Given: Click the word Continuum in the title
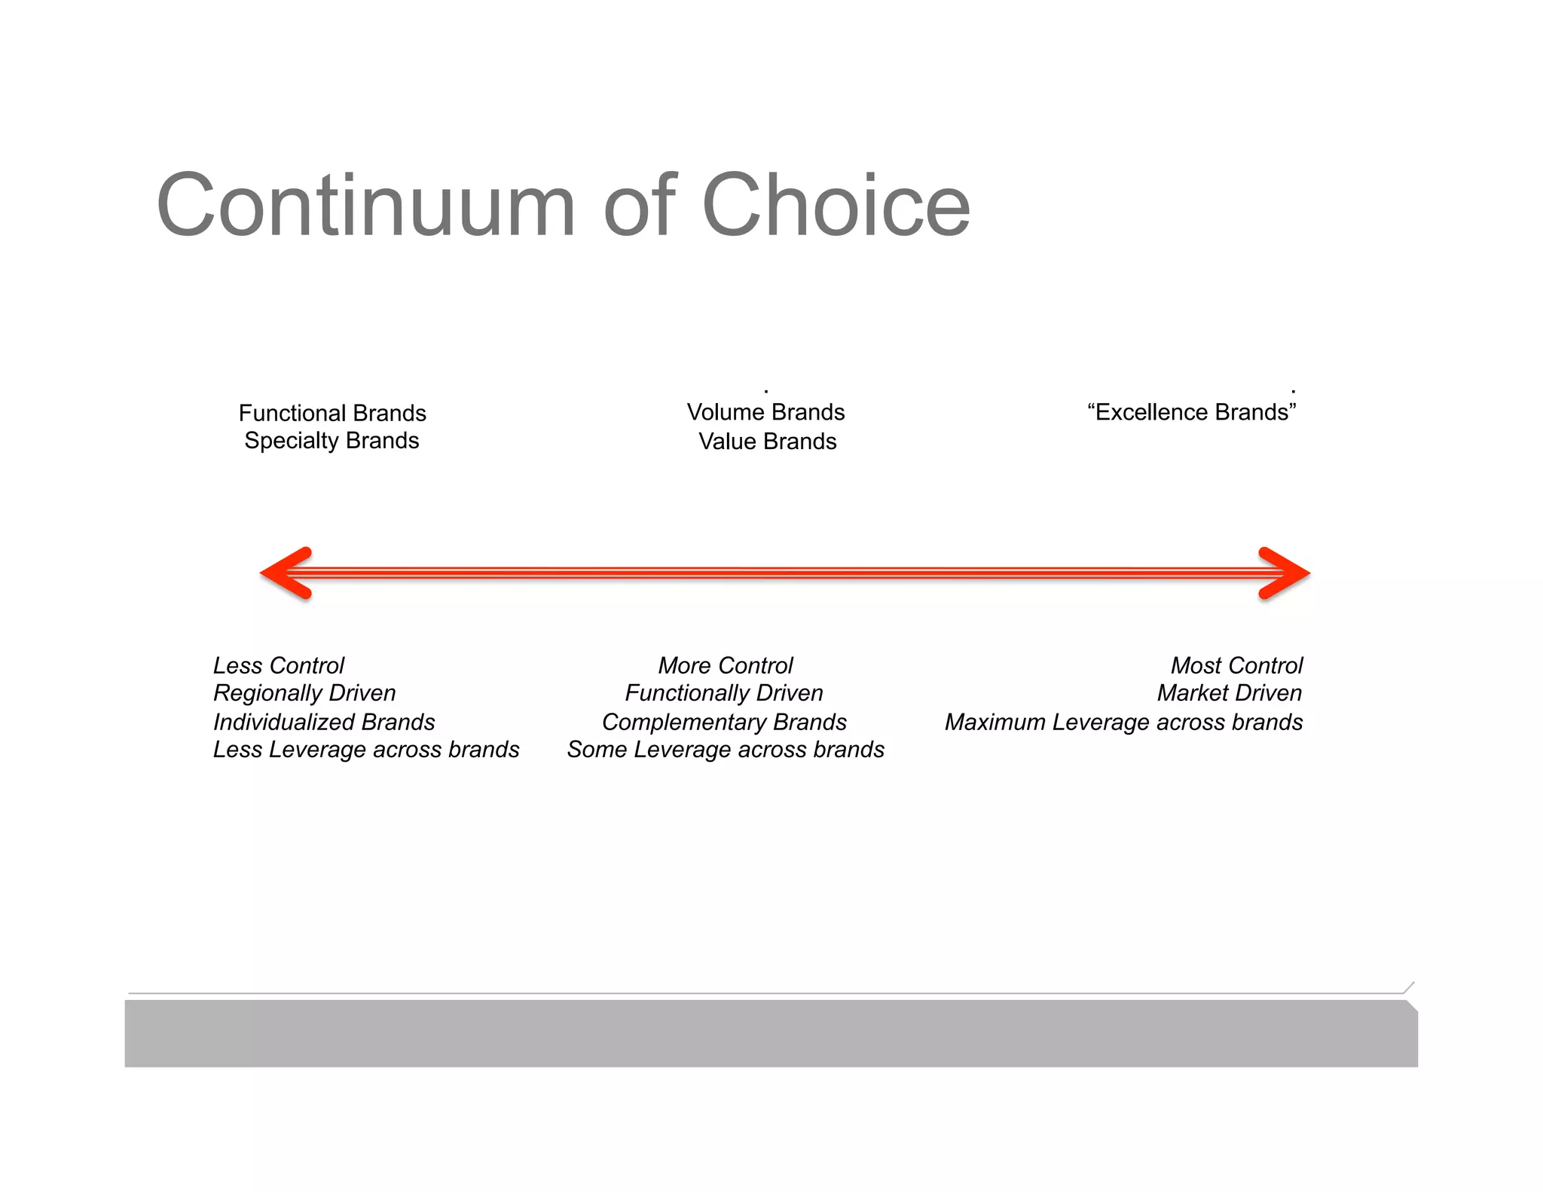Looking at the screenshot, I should [x=366, y=206].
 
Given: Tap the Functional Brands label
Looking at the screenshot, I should [x=332, y=413].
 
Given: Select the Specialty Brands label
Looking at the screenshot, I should [x=332, y=440].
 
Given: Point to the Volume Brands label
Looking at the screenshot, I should [x=765, y=412].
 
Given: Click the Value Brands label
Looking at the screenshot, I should [x=767, y=441].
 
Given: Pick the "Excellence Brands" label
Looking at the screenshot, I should [x=1192, y=412].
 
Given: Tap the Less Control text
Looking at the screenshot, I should [x=279, y=665].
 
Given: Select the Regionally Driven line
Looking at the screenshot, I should [x=304, y=692].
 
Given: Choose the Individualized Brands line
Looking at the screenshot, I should [x=324, y=722].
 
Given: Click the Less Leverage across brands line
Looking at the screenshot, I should [x=366, y=750].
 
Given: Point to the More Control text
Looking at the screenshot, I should [x=726, y=665].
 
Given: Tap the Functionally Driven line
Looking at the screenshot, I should [x=724, y=692].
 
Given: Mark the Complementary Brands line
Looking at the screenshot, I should [x=724, y=722].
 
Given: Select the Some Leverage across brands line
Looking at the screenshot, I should [x=726, y=750].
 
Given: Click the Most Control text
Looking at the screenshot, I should [x=1236, y=665].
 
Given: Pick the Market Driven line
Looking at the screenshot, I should [x=1229, y=692].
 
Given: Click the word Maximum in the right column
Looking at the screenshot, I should [x=995, y=722].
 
